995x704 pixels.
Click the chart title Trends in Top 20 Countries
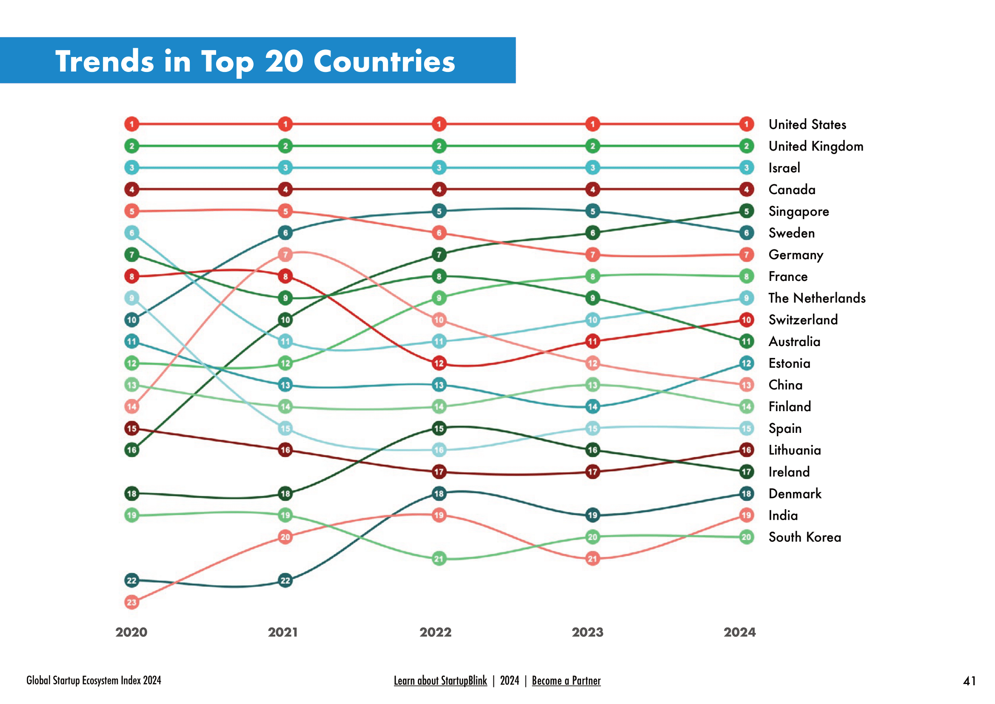(x=255, y=61)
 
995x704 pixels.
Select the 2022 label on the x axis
(x=436, y=632)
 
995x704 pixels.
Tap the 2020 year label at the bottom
(x=131, y=632)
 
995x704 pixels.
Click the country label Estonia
(x=789, y=363)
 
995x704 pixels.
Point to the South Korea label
(x=804, y=537)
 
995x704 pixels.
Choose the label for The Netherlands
(x=817, y=298)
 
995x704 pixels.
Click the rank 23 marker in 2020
(x=132, y=602)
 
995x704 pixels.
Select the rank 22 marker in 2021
(x=285, y=581)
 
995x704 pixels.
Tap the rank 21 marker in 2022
(x=439, y=559)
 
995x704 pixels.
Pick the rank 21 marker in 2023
(x=593, y=559)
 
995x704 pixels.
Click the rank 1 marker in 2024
(x=746, y=124)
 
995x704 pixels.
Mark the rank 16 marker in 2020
(x=132, y=450)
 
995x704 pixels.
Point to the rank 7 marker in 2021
(x=285, y=255)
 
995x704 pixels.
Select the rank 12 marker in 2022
(x=439, y=363)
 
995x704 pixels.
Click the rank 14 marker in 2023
(x=593, y=406)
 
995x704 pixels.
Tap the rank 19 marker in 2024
(x=746, y=515)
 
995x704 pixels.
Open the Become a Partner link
(x=566, y=681)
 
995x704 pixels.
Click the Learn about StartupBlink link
(x=440, y=681)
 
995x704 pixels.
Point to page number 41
(x=969, y=681)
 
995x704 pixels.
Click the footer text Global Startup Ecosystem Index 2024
(x=94, y=681)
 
